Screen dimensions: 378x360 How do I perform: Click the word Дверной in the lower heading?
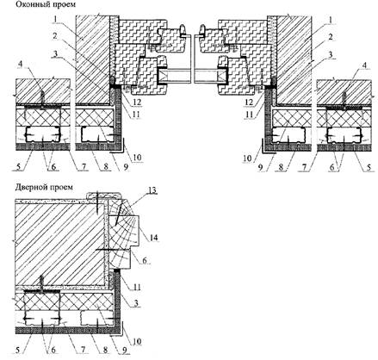29,187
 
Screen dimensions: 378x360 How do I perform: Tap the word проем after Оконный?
65,5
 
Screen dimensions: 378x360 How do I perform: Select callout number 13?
152,190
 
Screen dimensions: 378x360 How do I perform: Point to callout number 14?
153,237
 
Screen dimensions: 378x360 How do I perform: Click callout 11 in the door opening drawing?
137,287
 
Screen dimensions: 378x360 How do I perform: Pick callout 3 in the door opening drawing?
136,303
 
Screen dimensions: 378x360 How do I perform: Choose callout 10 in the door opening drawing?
137,341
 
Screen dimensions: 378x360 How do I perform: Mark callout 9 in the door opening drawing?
126,351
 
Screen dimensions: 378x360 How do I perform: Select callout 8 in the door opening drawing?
106,350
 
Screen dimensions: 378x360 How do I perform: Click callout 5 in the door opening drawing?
19,350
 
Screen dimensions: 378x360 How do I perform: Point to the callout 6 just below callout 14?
145,260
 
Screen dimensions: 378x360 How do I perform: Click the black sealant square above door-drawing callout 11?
117,270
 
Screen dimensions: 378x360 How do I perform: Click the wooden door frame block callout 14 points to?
123,230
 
